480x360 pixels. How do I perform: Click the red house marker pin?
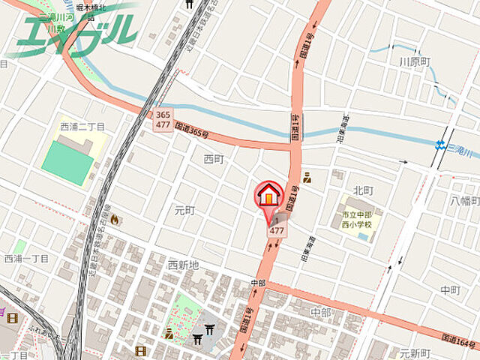point(269,196)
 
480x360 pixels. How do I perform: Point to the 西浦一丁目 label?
point(26,259)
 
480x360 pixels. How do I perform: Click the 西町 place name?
point(214,159)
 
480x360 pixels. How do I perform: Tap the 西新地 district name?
point(184,265)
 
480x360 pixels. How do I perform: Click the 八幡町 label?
point(464,200)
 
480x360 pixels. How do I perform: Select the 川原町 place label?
point(415,61)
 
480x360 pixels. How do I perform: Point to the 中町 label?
point(450,289)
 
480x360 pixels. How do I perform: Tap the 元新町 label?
point(414,353)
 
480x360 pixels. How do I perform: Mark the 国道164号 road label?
point(458,341)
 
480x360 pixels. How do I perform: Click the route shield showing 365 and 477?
point(163,121)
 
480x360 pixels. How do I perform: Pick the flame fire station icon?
point(115,220)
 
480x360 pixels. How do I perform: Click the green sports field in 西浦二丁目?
point(67,158)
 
